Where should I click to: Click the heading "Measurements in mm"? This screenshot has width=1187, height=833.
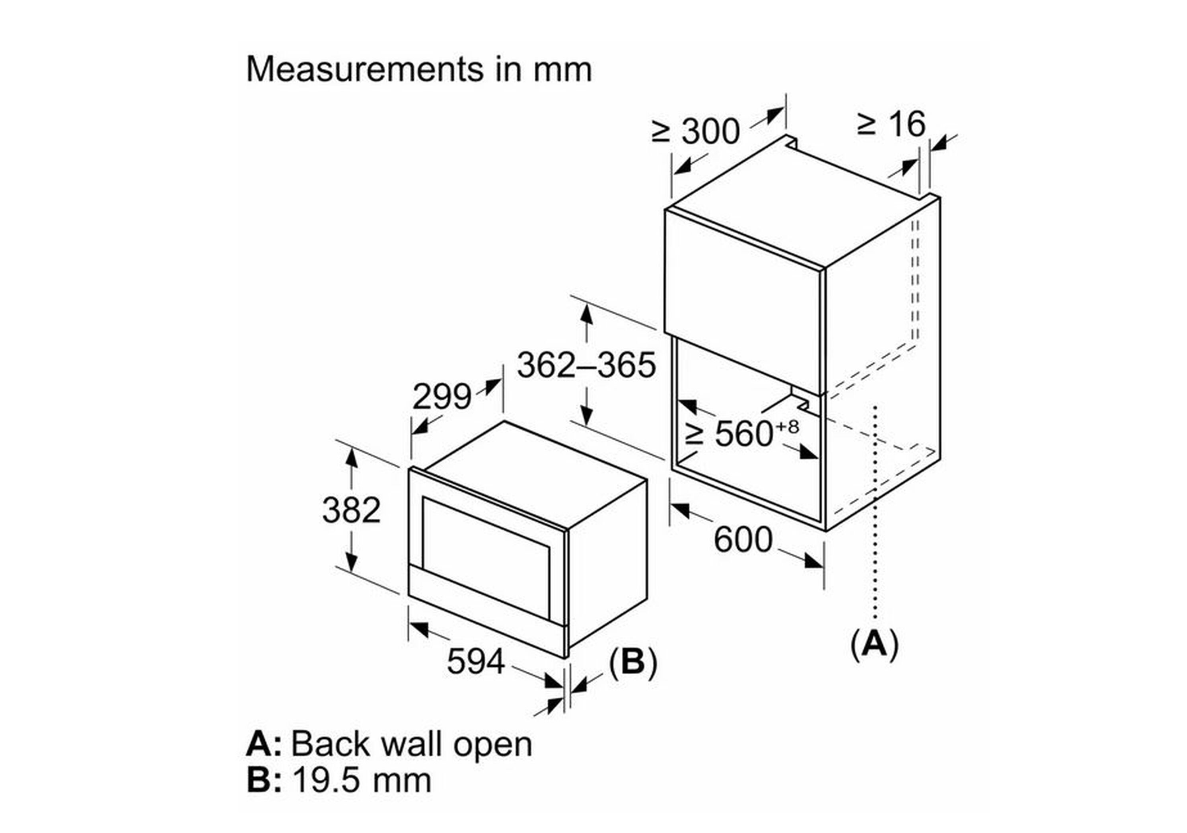point(419,69)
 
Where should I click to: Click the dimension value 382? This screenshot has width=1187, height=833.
point(351,510)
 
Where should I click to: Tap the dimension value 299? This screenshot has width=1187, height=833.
point(442,397)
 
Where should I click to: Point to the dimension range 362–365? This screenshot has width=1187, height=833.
point(586,365)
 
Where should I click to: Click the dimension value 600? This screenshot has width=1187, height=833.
point(743,539)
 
